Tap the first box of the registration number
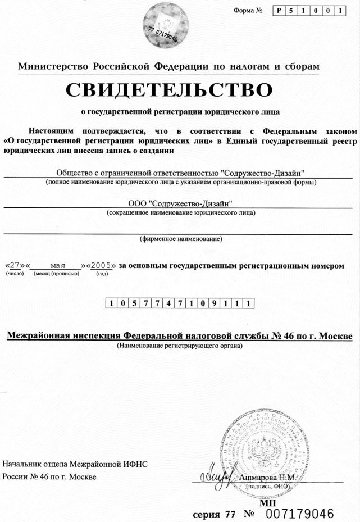pyautogui.click(x=113, y=303)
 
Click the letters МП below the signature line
pyautogui.click(x=265, y=502)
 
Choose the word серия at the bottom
pyautogui.click(x=207, y=514)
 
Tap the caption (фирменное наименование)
pyautogui.click(x=180, y=239)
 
